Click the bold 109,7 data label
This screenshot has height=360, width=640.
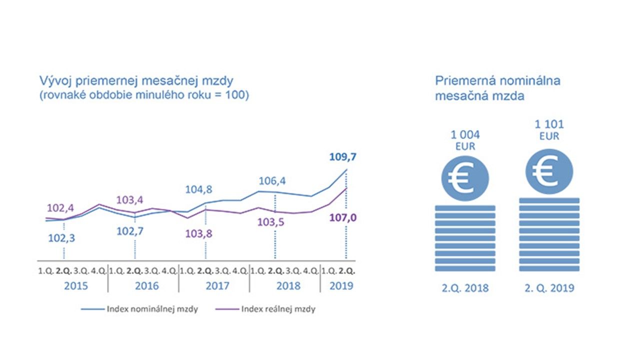pyautogui.click(x=342, y=157)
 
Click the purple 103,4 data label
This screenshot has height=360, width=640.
pyautogui.click(x=130, y=200)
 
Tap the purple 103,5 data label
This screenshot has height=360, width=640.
pyautogui.click(x=271, y=222)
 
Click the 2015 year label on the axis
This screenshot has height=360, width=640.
pyautogui.click(x=76, y=286)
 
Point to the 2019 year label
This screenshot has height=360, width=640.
pyautogui.click(x=341, y=286)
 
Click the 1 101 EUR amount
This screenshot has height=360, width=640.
pyautogui.click(x=548, y=129)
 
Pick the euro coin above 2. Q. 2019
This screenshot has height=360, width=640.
pyautogui.click(x=548, y=169)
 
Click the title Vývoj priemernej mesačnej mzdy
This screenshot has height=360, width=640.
pyautogui.click(x=136, y=81)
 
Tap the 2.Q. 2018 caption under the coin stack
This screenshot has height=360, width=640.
pyautogui.click(x=465, y=288)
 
